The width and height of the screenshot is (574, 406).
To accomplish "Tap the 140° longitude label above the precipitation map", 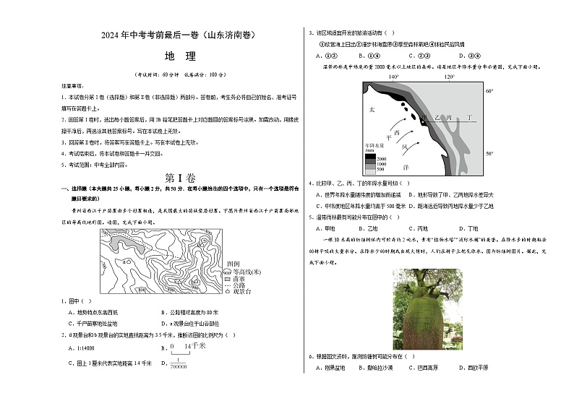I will (393, 77).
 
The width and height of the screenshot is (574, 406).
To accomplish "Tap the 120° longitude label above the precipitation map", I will (449, 77).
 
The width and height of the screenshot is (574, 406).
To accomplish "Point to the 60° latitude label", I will (489, 91).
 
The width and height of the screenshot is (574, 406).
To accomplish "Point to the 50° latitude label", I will (489, 154).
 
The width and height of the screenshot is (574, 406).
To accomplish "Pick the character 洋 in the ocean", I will (406, 167).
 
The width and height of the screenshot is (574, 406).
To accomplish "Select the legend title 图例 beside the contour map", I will (233, 264).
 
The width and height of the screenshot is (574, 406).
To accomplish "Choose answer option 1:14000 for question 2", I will (81, 348).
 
